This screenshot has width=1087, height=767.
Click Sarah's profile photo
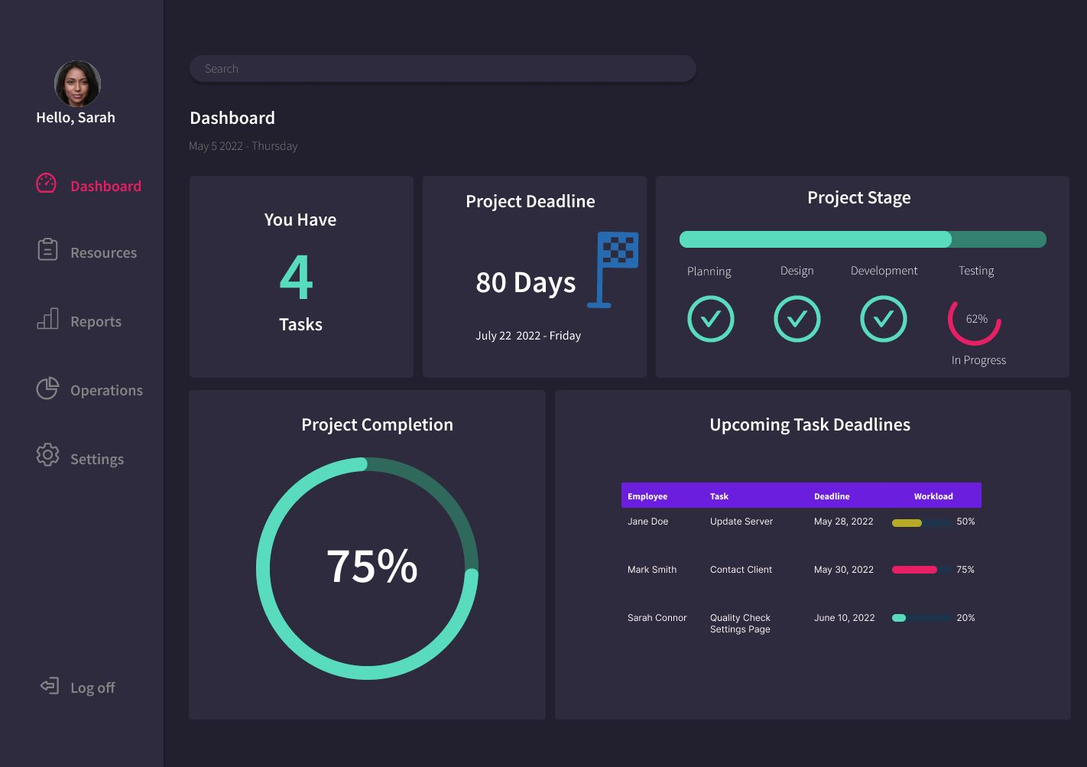(x=77, y=83)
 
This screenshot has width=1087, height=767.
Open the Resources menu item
(x=103, y=252)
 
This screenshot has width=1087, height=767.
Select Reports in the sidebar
(x=96, y=321)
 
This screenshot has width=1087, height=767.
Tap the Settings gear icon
(x=47, y=454)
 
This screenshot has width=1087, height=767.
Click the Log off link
(x=92, y=687)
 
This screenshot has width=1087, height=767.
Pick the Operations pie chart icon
(x=47, y=388)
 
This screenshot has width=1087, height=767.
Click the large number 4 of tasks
(x=297, y=277)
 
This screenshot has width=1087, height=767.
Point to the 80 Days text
(x=525, y=282)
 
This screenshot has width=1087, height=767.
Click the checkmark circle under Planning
(x=710, y=319)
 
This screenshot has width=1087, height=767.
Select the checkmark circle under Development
(x=883, y=319)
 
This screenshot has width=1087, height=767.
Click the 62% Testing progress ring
(x=975, y=320)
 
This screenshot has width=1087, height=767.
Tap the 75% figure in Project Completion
(x=372, y=566)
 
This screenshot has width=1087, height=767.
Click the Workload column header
(x=933, y=496)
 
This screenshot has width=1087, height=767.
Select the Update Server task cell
(x=741, y=522)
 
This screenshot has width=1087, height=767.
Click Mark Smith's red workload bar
(x=914, y=570)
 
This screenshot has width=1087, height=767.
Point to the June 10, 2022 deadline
(x=844, y=618)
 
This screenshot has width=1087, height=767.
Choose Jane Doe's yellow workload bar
(x=907, y=523)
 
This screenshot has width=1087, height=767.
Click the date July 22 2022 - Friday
(x=527, y=336)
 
